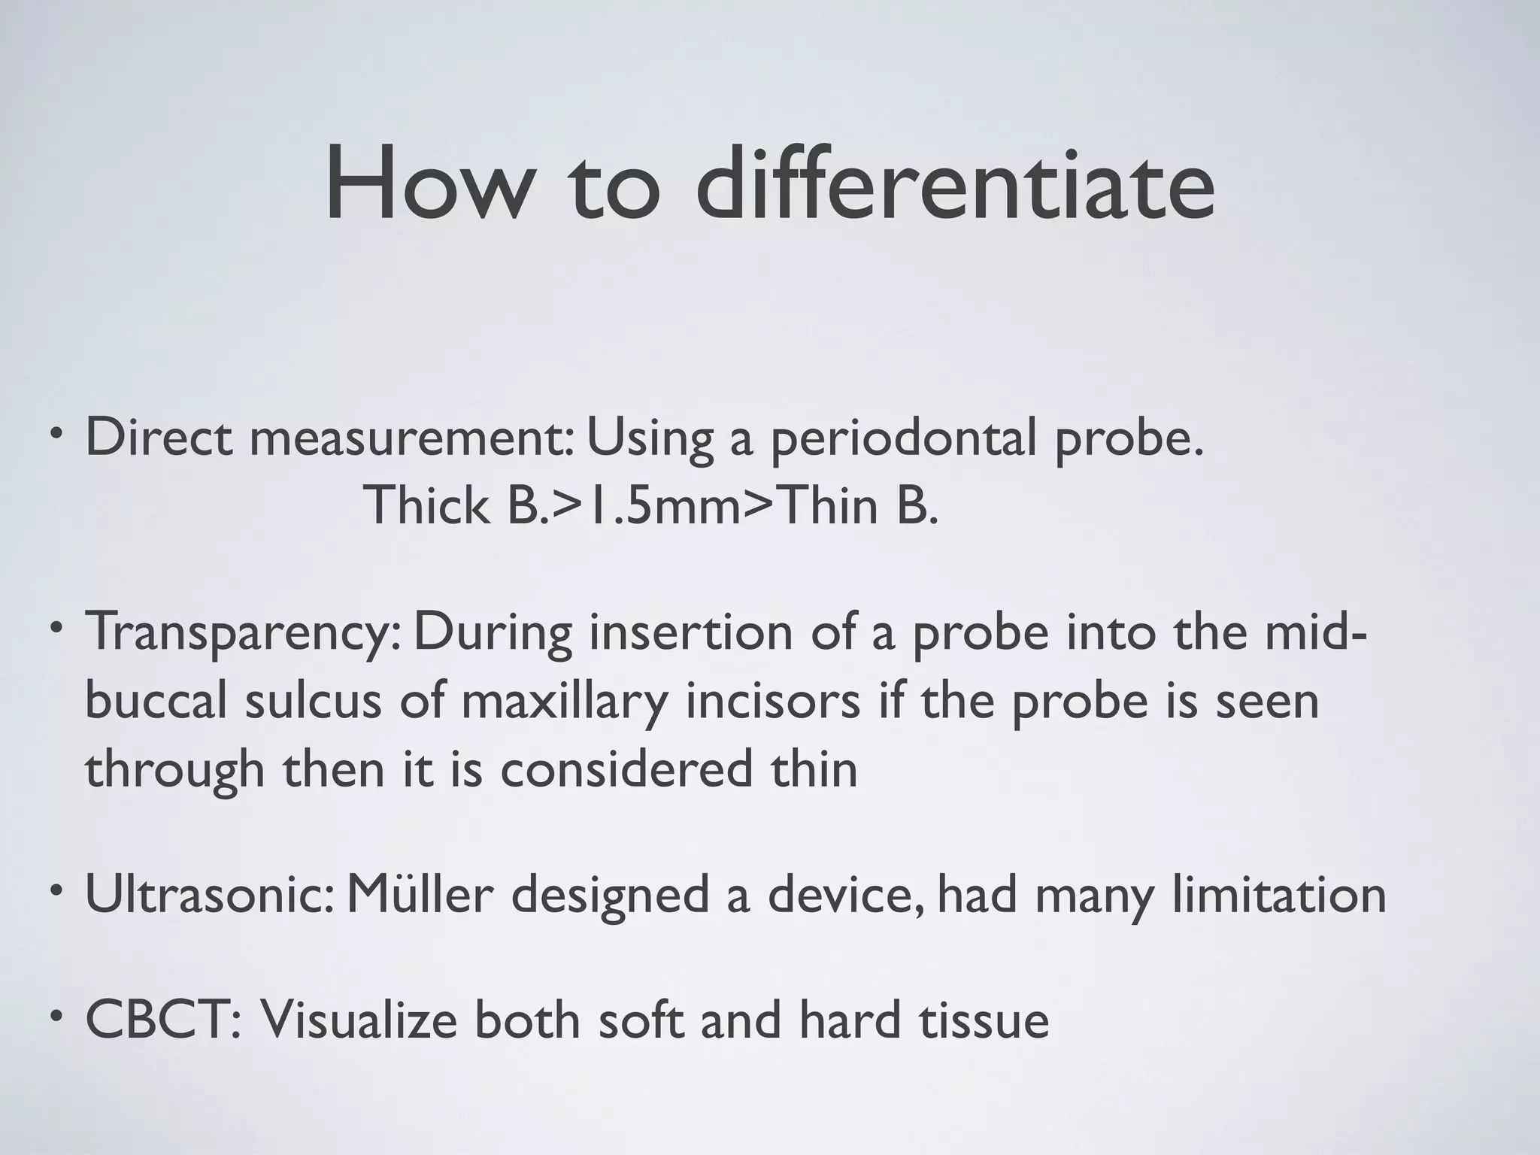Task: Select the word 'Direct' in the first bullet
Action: pyautogui.click(x=159, y=438)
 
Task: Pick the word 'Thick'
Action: pyautogui.click(x=426, y=505)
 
